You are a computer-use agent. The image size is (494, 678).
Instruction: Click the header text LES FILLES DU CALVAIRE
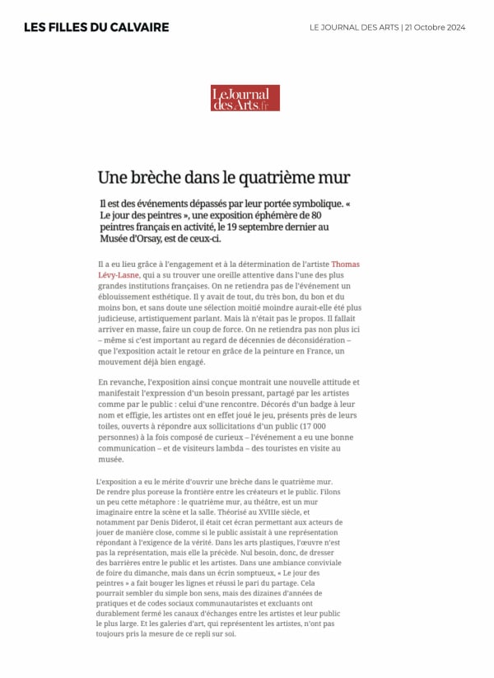point(96,27)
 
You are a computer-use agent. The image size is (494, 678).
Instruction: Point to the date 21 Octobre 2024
point(435,27)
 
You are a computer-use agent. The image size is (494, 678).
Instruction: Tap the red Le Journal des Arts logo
point(245,98)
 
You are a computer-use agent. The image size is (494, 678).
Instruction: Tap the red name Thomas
point(345,264)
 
